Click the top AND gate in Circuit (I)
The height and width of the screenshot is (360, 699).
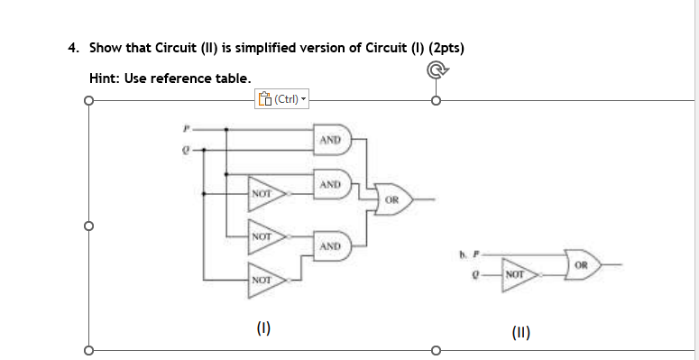tap(330, 140)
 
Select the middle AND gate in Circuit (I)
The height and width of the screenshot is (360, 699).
tap(330, 185)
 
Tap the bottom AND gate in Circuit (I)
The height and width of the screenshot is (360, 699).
tap(330, 245)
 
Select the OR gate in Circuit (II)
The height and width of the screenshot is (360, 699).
tap(583, 264)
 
